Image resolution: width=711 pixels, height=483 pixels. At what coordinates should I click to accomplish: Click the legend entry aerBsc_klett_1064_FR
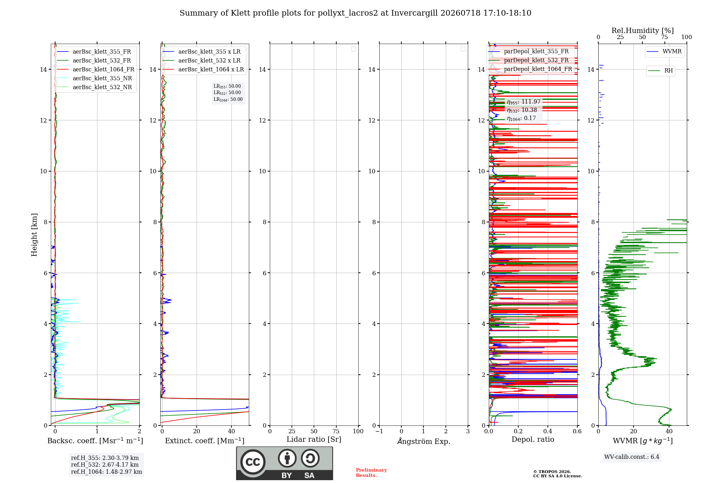tap(95, 70)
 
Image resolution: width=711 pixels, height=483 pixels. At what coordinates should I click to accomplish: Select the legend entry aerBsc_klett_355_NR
tap(94, 78)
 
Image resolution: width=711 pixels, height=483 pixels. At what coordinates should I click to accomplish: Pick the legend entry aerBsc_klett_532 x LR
tap(202, 61)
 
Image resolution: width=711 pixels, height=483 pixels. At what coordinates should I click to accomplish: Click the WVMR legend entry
tap(664, 51)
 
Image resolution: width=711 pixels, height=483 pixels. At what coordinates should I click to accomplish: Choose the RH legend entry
tap(661, 71)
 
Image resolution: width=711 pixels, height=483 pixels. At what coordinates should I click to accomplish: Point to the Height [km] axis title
tap(34, 235)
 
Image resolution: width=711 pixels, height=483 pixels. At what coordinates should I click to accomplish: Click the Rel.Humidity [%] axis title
tap(642, 31)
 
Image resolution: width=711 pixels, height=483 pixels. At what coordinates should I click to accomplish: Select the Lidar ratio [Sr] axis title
tap(314, 440)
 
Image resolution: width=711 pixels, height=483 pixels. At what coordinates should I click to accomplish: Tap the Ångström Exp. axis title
tap(423, 441)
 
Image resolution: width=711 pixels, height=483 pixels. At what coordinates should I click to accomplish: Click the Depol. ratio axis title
tap(533, 439)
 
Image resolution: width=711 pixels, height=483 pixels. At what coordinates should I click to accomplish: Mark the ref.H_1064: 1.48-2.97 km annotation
tap(106, 472)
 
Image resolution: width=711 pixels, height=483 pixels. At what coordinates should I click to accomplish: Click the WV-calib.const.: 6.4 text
tap(632, 457)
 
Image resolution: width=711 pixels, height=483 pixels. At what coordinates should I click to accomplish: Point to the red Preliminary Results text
tap(371, 473)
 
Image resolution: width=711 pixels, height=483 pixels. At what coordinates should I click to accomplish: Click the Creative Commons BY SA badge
tap(284, 463)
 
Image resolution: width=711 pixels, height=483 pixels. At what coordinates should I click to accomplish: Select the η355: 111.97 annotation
tap(524, 102)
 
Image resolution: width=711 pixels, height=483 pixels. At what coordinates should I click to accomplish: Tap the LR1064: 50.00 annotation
tap(228, 99)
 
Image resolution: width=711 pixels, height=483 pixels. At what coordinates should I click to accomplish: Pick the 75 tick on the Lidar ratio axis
tap(336, 431)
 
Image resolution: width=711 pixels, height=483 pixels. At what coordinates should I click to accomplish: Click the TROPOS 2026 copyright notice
tap(552, 472)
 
